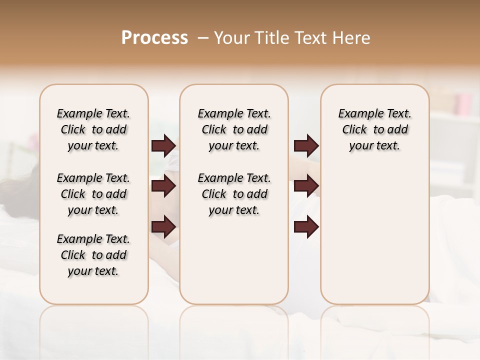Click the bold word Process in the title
[154, 38]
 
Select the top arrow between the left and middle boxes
[163, 146]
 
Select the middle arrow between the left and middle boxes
[163, 186]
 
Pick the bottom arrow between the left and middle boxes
[163, 227]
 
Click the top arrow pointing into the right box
[306, 146]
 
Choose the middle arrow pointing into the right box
[306, 186]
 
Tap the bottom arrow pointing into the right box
[306, 227]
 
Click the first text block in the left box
[93, 129]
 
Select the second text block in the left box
[93, 194]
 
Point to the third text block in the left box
[93, 255]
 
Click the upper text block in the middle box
[234, 129]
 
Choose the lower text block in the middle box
[234, 194]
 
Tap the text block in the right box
[374, 129]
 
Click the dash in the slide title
[203, 38]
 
